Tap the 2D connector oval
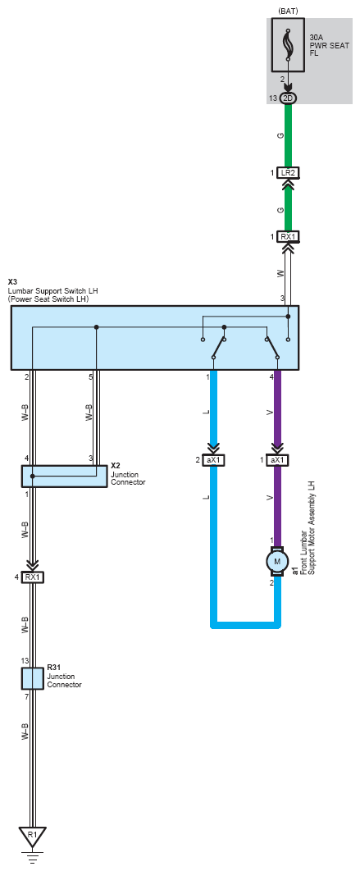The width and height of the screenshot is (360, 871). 288,98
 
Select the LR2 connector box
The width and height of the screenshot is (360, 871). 288,173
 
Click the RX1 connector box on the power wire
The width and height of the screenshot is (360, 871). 288,237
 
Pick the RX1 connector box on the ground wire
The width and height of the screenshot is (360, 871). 32,577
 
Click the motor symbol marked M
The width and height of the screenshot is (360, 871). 277,562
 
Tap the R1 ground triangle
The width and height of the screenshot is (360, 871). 32,836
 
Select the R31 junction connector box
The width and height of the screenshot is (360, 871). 32,678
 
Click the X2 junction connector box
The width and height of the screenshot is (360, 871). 64,477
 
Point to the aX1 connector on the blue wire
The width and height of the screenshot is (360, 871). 213,460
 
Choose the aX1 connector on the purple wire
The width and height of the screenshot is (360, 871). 277,460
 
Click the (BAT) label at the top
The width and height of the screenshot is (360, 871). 287,11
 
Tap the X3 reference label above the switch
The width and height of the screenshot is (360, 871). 12,282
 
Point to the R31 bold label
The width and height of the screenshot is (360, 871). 53,667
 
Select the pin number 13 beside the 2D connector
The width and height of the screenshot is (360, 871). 272,98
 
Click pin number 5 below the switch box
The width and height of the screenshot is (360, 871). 90,377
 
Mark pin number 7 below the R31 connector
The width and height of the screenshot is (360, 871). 26,696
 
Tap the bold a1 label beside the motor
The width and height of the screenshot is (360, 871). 294,571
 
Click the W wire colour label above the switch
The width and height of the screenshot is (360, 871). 280,273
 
